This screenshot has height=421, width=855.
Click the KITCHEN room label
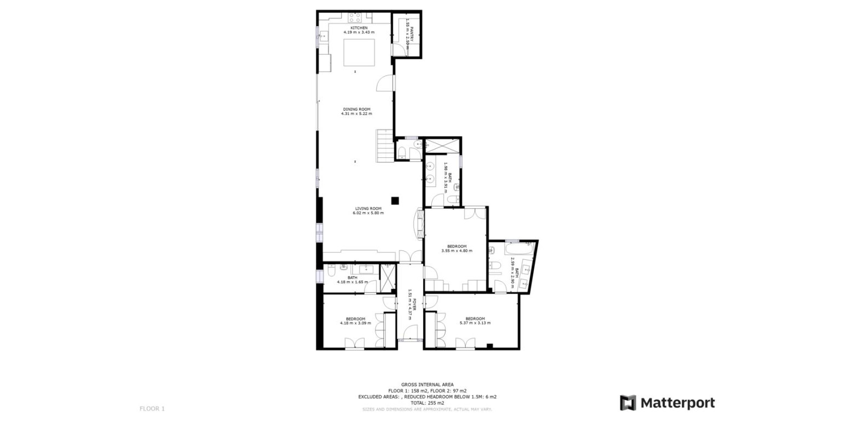pos(359,27)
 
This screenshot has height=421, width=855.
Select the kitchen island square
pos(359,52)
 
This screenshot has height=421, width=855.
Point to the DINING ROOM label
pos(356,109)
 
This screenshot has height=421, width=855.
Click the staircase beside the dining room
pos(385,146)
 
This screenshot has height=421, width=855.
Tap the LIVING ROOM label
pos(368,208)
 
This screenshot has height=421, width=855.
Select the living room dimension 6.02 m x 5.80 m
pos(368,213)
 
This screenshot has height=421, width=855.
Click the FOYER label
pos(415,304)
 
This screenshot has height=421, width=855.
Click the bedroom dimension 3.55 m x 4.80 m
pos(457,251)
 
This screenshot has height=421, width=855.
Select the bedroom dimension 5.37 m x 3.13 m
pos(475,323)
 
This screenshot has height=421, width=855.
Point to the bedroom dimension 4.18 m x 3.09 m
pos(355,323)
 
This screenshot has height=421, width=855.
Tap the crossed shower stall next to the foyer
pos(387,277)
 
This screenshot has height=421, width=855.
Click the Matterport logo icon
pos(628,403)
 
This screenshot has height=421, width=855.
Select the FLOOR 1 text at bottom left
pos(152,408)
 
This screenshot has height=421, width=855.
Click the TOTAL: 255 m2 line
pos(427,402)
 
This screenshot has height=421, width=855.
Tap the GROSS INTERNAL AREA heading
pos(427,385)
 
